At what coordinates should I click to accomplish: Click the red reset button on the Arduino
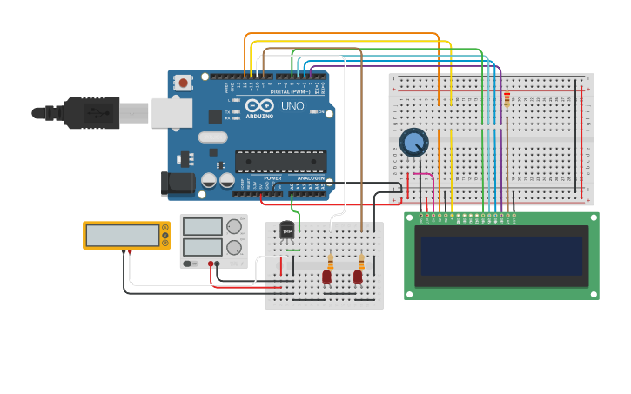tap(184, 83)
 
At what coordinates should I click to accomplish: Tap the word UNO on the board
tap(292, 106)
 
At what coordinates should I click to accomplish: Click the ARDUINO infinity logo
tap(258, 105)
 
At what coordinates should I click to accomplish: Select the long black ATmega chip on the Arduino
tap(280, 161)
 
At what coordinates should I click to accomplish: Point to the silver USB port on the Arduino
tap(171, 112)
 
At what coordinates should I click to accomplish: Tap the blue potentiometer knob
tap(413, 142)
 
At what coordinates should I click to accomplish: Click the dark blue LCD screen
tap(501, 256)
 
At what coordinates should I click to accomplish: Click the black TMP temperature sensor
tap(287, 231)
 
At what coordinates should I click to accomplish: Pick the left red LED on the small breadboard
tap(326, 277)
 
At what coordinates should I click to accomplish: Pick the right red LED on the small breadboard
tap(358, 277)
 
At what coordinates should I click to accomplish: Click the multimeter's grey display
tap(123, 235)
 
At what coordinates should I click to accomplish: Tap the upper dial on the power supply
tap(233, 227)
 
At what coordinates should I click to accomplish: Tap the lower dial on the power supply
tap(233, 247)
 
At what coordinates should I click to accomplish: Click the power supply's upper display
tap(203, 227)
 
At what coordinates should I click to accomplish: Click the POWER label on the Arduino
tap(272, 178)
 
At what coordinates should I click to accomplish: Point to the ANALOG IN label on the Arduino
tap(311, 178)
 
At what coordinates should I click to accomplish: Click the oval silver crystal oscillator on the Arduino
tap(212, 137)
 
